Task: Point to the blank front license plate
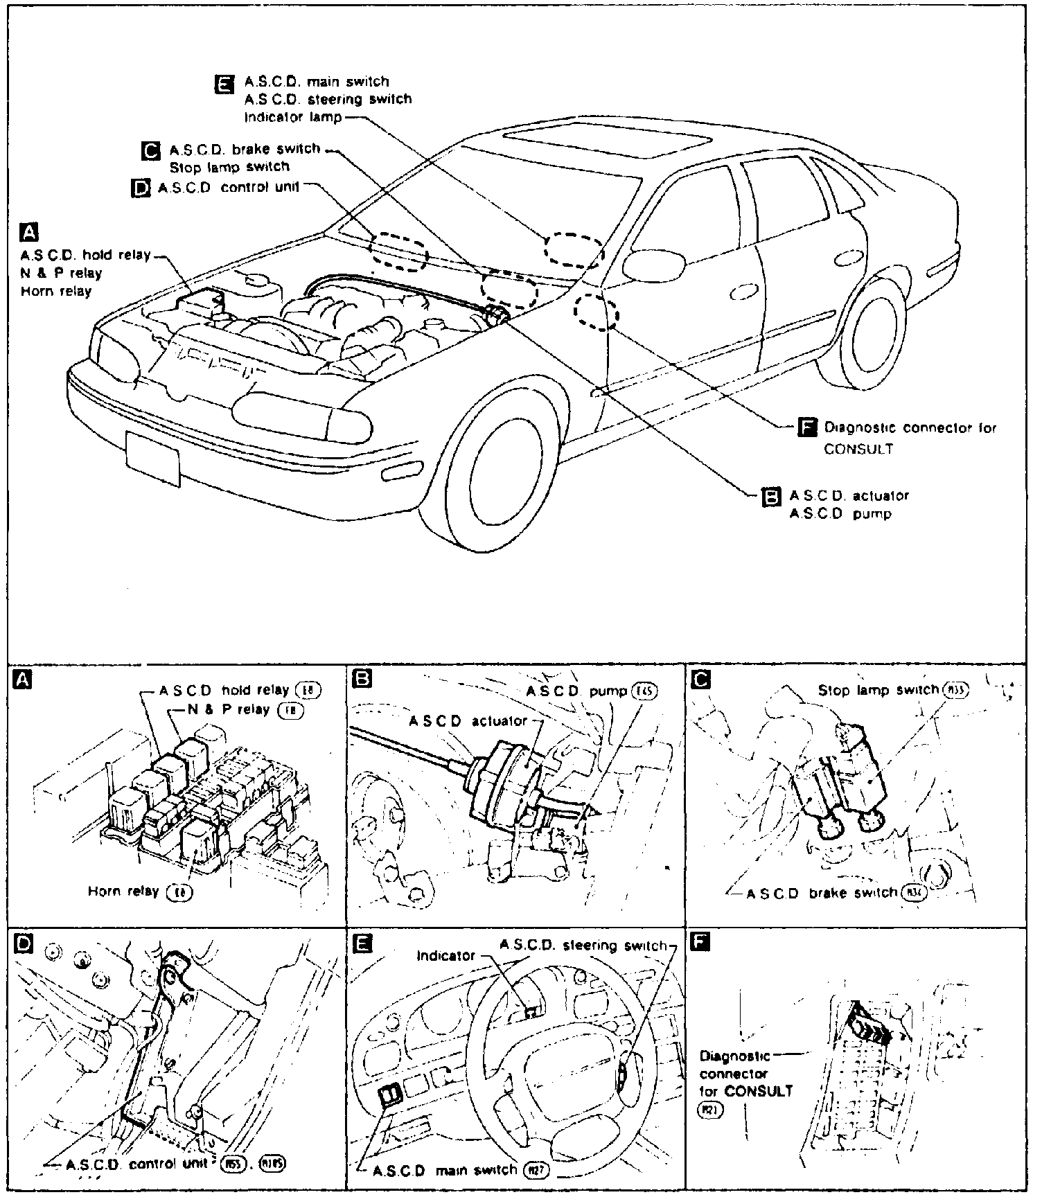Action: tap(153, 458)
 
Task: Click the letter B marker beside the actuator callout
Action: tap(771, 497)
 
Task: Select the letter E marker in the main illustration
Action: tap(224, 83)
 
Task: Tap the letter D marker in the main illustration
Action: tap(141, 188)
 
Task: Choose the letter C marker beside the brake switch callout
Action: tap(150, 150)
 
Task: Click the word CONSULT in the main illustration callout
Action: tap(858, 449)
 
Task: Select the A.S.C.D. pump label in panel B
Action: tap(576, 691)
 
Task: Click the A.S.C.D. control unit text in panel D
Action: tap(138, 1164)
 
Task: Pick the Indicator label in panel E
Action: tap(445, 956)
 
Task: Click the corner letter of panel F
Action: tap(700, 943)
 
